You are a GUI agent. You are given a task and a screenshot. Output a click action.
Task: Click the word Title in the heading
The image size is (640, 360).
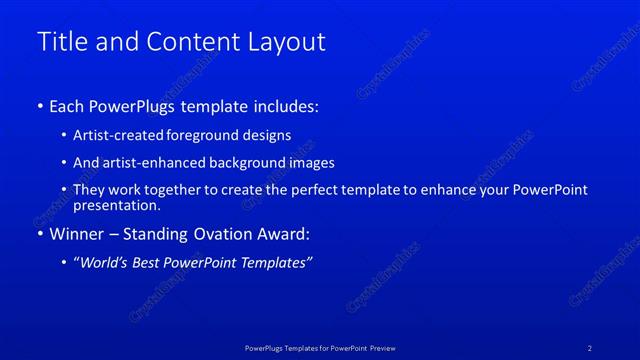click(59, 42)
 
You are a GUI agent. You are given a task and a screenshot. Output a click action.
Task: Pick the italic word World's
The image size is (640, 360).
click(105, 263)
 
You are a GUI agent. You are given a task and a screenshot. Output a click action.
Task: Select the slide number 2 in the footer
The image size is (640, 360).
click(589, 348)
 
